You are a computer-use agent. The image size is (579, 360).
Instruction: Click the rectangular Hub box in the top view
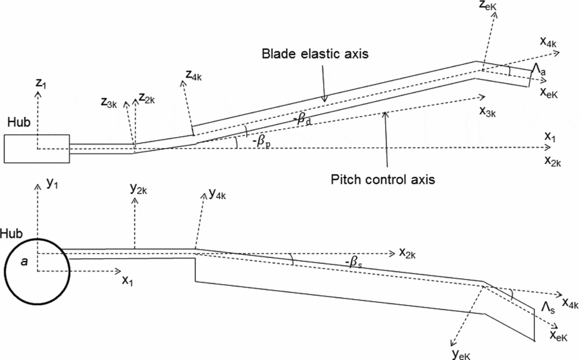click(36, 149)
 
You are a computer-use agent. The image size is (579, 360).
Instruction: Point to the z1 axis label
click(40, 83)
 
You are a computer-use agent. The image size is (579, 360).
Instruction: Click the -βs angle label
click(356, 263)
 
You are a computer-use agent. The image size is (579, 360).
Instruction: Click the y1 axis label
click(53, 183)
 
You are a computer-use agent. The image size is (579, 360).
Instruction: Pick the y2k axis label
click(139, 189)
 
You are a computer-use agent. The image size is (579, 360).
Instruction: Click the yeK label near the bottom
click(460, 352)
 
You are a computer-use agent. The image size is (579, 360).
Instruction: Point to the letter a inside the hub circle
click(24, 262)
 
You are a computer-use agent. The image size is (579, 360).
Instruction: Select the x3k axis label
click(489, 111)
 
